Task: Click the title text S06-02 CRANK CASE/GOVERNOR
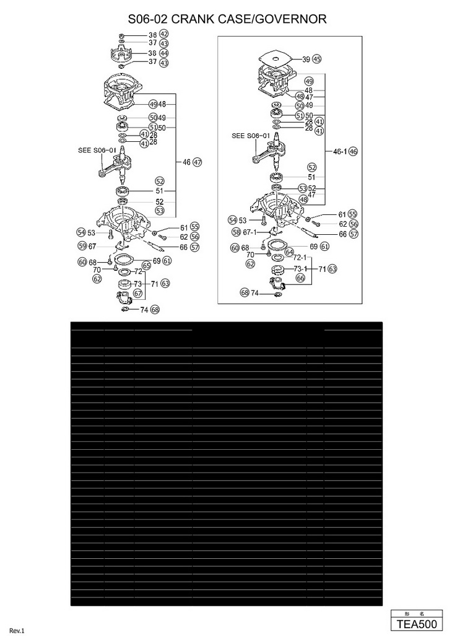coord(227,20)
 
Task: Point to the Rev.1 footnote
coord(16,631)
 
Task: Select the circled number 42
coord(164,35)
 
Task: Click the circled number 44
coord(164,53)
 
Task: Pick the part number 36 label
coord(152,35)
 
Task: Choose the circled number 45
coord(317,59)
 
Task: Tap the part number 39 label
coord(306,59)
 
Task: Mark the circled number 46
coord(354,151)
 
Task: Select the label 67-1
coord(250,232)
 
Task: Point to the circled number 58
coord(236,232)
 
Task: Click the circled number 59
coord(82,246)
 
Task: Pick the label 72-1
coord(300,257)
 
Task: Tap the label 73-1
coord(300,269)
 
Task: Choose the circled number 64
coord(289,253)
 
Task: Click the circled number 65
coord(147,266)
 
